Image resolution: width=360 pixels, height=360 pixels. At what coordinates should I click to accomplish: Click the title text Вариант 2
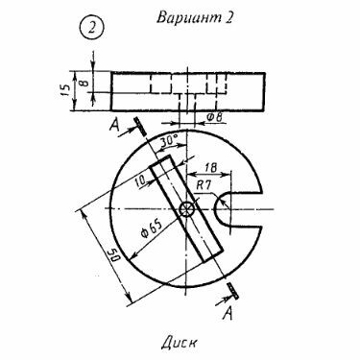tap(195, 17)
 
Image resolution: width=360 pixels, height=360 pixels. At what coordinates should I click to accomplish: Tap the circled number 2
tap(91, 28)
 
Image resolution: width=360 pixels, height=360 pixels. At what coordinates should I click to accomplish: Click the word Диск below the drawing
tap(180, 343)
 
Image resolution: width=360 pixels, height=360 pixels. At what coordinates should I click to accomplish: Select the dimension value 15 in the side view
tap(64, 90)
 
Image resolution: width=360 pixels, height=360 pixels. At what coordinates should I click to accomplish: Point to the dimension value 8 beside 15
tap(84, 83)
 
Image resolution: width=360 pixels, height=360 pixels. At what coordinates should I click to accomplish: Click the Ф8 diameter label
tap(214, 117)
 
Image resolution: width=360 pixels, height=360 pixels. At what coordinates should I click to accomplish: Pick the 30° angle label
tap(169, 140)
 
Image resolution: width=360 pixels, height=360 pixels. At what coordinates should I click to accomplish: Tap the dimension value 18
tap(210, 167)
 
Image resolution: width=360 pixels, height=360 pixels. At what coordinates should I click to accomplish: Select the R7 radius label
tap(204, 185)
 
